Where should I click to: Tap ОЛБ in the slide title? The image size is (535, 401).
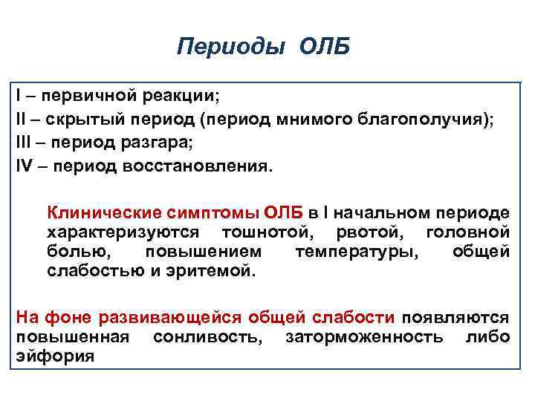click(x=324, y=48)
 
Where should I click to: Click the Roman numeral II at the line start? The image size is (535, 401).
click(x=22, y=119)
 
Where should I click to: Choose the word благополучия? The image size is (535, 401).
click(x=429, y=119)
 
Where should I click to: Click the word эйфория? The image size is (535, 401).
click(x=54, y=357)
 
